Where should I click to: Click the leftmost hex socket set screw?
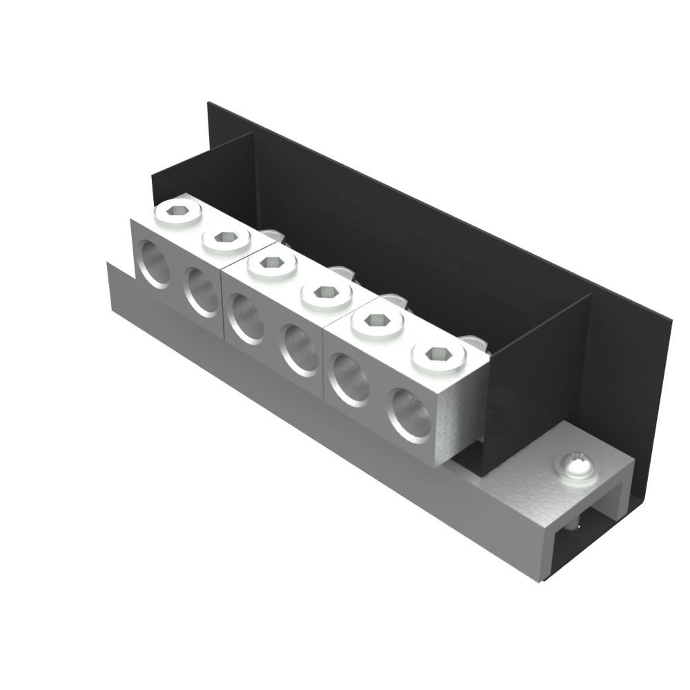[178, 213]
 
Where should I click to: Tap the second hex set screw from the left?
[226, 238]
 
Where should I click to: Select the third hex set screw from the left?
[273, 264]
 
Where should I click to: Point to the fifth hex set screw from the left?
[377, 320]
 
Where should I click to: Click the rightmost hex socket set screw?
[437, 355]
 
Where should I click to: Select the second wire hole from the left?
[201, 290]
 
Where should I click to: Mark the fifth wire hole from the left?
[350, 379]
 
